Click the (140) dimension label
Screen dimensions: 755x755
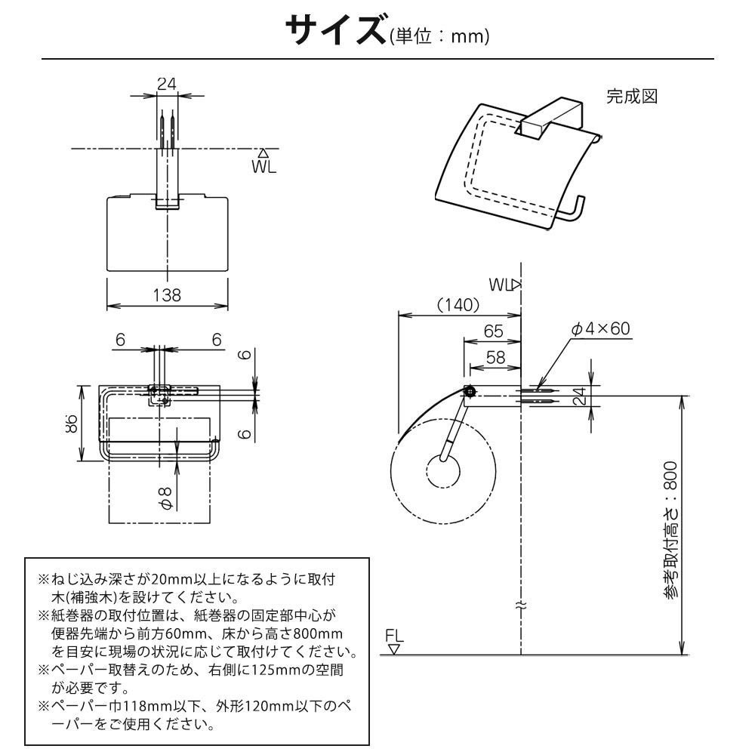point(458,304)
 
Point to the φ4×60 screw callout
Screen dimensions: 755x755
point(600,328)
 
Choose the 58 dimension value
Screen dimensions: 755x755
point(496,357)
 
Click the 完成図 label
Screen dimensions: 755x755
point(633,97)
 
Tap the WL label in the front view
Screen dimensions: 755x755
point(264,167)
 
